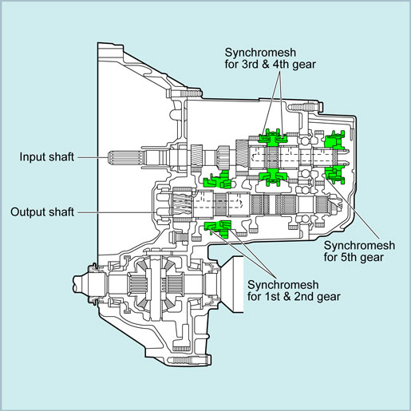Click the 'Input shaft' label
(47, 157)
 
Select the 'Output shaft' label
(42, 212)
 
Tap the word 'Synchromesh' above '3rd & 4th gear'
(260, 53)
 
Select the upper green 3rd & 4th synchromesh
(272, 137)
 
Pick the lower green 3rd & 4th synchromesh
(273, 176)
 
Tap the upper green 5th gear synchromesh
(334, 140)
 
